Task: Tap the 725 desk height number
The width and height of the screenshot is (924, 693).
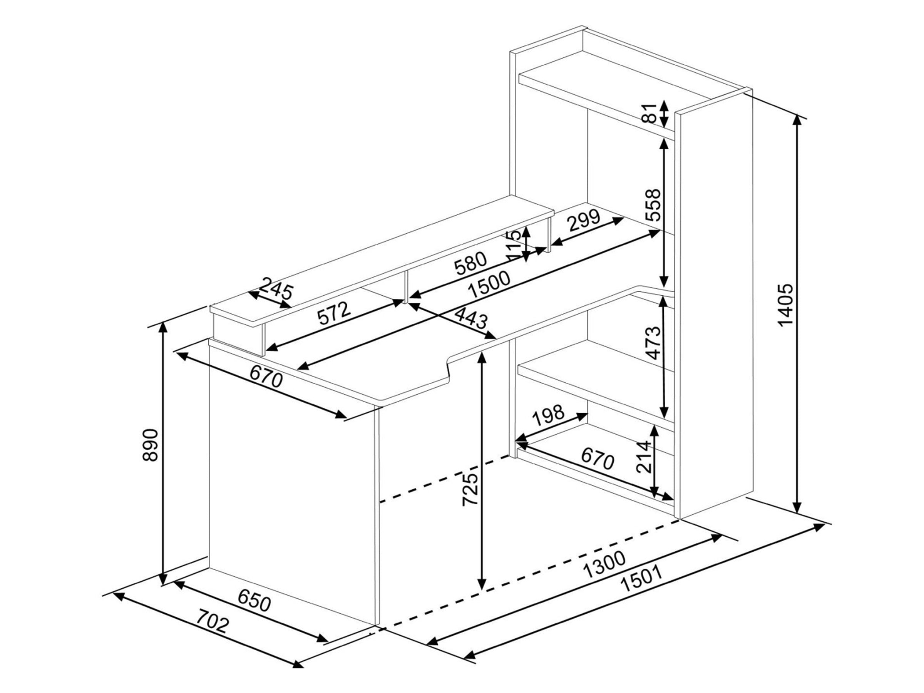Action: click(x=470, y=490)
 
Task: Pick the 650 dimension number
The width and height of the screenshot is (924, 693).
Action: click(x=254, y=601)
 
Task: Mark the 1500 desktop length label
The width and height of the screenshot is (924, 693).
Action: click(x=489, y=284)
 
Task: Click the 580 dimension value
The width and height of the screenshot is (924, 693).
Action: click(x=471, y=264)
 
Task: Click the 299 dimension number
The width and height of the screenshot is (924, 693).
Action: click(x=584, y=221)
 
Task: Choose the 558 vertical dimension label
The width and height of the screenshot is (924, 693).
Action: click(x=653, y=205)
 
